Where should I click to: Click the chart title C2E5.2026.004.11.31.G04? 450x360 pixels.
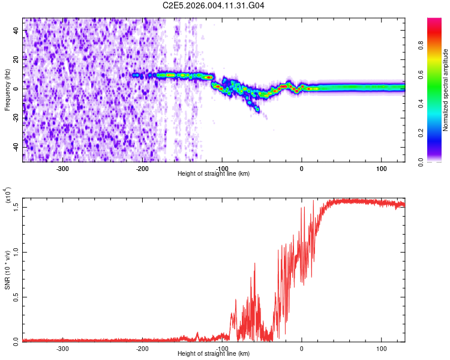214,5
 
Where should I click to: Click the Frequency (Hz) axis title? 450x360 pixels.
7,89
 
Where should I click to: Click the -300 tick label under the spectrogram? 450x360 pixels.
63,168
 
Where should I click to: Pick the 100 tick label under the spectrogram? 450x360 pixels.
381,168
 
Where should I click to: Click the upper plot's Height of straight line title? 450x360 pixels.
214,174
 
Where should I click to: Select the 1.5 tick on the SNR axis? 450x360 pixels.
16,206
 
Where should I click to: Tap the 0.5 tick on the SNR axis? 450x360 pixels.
16,296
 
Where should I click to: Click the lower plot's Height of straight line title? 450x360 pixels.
214,354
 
